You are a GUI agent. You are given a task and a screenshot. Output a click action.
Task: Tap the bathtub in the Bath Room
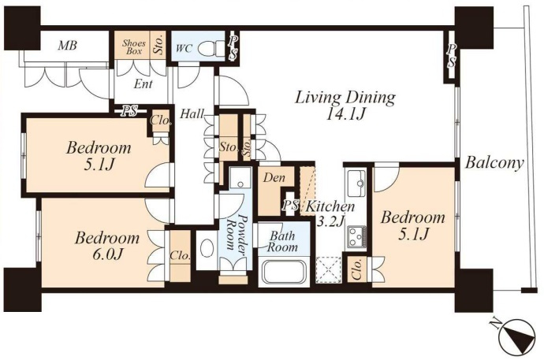click(284, 272)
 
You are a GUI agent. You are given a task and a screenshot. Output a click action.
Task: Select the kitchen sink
click(356, 183)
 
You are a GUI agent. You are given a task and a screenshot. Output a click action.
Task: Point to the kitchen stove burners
click(356, 236)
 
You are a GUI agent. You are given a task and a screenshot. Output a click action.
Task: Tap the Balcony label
click(494, 163)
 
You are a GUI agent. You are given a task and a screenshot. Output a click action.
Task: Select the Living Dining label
click(345, 98)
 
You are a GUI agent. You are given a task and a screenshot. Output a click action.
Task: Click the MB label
click(67, 45)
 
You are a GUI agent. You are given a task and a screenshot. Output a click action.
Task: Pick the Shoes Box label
click(134, 47)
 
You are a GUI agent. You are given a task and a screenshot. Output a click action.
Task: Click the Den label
click(274, 178)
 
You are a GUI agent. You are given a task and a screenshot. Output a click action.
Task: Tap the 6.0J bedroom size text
click(104, 254)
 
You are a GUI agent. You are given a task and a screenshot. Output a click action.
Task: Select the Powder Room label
click(236, 232)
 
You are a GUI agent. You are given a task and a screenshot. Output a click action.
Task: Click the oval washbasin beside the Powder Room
click(207, 249)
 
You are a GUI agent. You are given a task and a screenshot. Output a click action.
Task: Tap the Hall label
click(192, 114)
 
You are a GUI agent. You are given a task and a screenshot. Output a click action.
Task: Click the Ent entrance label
click(143, 84)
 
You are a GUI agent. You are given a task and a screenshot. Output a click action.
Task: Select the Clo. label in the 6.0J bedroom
click(180, 256)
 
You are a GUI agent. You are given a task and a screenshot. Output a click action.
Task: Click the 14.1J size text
click(345, 114)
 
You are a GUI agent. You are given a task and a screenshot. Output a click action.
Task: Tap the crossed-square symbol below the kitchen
click(329, 268)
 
